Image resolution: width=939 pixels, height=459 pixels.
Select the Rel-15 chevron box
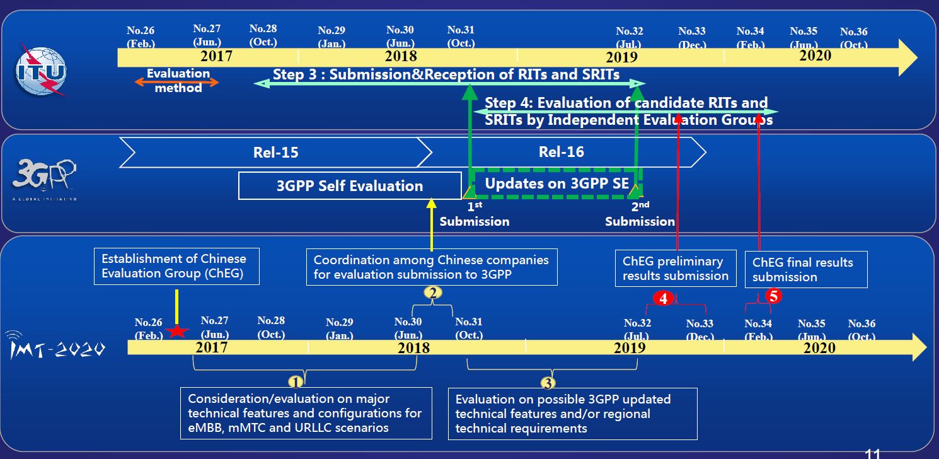275,153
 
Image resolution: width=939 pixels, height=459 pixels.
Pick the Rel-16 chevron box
561,152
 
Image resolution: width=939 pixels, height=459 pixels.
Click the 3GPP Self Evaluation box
350,186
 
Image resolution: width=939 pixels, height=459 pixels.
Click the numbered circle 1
296,382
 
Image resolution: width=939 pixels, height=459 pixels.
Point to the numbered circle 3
548,383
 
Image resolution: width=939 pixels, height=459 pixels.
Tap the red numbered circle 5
773,296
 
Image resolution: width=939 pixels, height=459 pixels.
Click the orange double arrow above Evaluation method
177,83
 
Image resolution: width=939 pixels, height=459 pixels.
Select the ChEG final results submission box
806,269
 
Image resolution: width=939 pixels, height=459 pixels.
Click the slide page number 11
873,453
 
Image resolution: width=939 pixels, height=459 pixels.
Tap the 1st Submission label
474,214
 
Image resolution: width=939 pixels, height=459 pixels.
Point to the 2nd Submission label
640,214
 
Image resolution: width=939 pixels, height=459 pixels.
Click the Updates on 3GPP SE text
557,183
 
